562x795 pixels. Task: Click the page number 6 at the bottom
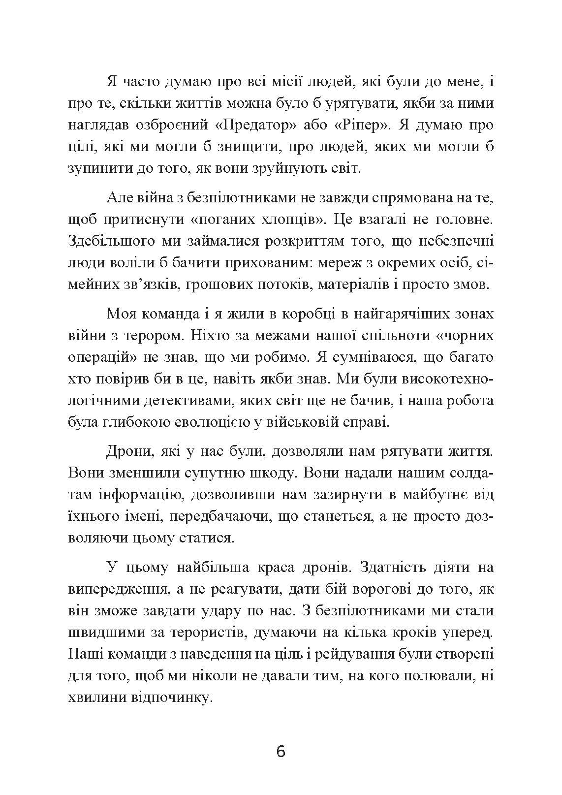tap(281, 752)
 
